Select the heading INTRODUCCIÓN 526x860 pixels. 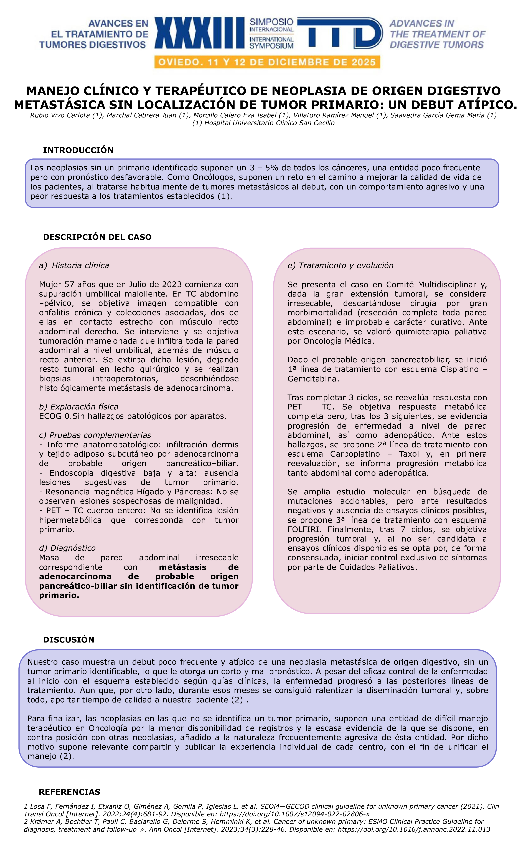pos(78,150)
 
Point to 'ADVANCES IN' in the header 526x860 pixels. pos(422,23)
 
